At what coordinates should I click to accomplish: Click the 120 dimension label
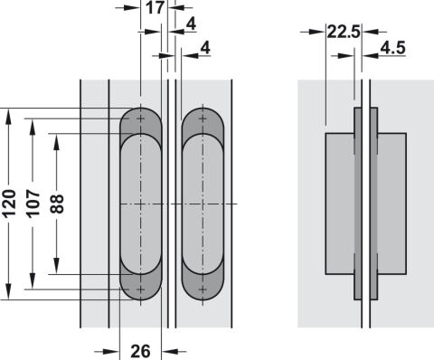coord(9,203)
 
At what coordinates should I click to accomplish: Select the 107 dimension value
coord(33,203)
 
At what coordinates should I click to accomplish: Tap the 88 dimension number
coord(57,204)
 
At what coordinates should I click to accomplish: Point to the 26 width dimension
coord(140,351)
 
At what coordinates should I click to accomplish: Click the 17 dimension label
coord(156,8)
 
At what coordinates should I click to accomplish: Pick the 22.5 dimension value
coord(344,32)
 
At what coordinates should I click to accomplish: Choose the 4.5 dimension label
coord(393,48)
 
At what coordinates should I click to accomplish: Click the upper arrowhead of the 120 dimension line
coord(9,117)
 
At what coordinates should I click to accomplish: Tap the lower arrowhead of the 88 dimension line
coord(56,266)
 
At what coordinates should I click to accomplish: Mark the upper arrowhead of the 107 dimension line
coord(33,127)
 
